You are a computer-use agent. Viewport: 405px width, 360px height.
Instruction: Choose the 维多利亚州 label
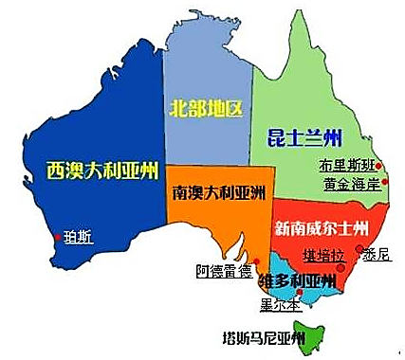(x=297, y=281)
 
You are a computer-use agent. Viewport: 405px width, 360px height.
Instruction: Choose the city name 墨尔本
(x=282, y=305)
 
